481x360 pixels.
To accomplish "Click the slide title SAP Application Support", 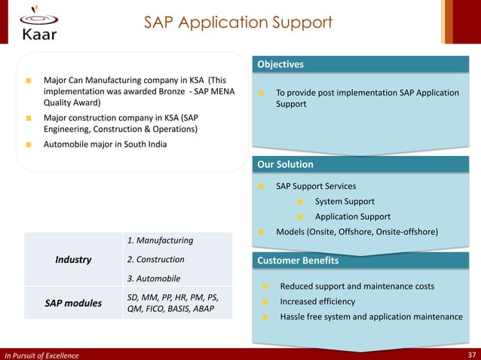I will (x=238, y=23).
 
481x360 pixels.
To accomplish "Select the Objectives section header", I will (x=280, y=65).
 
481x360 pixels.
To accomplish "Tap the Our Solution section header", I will (x=285, y=164).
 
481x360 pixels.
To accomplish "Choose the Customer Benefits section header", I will (x=298, y=261).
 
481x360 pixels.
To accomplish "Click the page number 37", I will (x=471, y=354).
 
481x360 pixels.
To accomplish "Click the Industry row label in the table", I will (x=73, y=260).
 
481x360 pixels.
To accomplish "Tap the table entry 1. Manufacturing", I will (x=160, y=240).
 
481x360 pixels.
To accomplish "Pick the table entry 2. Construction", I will (x=155, y=260).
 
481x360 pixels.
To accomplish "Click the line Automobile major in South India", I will (x=105, y=144).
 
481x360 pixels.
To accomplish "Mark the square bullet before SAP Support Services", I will (x=260, y=186).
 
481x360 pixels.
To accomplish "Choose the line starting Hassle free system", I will (x=371, y=316).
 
